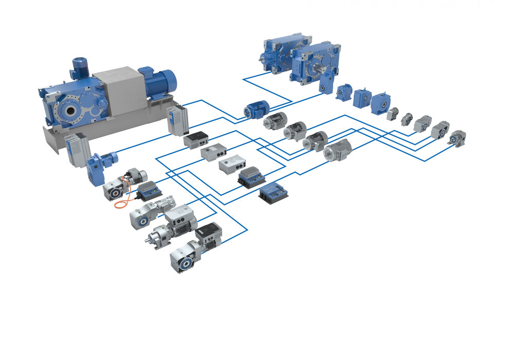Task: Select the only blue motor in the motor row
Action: coord(256,110)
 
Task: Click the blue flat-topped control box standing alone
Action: coord(272,194)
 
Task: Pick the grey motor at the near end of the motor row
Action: coord(337,150)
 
